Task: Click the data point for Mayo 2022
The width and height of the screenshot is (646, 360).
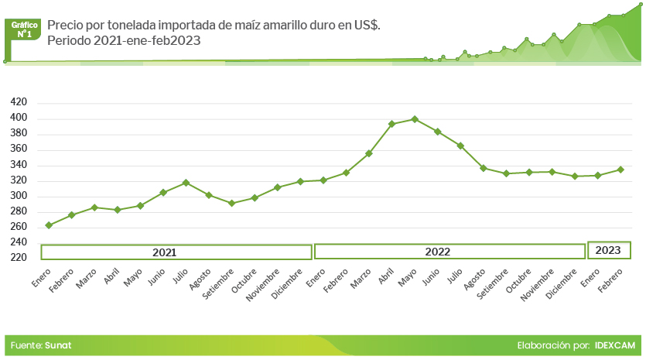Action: (x=415, y=119)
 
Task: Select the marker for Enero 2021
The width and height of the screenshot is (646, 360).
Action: (x=49, y=225)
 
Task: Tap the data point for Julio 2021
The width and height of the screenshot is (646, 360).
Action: (x=186, y=183)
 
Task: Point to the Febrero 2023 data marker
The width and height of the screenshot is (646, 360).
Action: (x=620, y=170)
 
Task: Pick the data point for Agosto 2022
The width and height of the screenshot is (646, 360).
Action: (x=484, y=168)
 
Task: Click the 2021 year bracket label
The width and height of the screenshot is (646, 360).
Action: (x=164, y=252)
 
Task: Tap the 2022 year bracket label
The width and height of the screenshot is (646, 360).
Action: (x=438, y=252)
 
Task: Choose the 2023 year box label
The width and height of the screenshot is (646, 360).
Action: (x=608, y=250)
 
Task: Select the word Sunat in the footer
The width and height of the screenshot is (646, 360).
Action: (x=58, y=345)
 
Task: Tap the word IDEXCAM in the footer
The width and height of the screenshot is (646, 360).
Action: (x=616, y=345)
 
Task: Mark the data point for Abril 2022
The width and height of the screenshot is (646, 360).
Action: (x=391, y=124)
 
